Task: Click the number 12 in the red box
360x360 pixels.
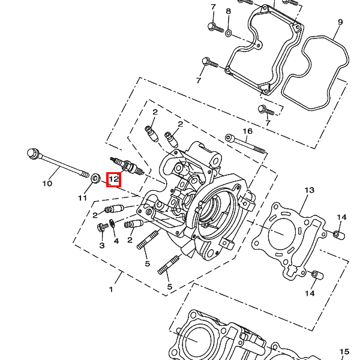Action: (x=113, y=179)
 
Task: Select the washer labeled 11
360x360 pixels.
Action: (x=95, y=178)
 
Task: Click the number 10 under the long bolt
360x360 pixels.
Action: (x=47, y=184)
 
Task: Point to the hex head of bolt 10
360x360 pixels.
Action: (x=33, y=154)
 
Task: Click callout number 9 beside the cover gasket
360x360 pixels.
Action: (x=340, y=22)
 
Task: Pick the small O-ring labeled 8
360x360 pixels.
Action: (x=228, y=33)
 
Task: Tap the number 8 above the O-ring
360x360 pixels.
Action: (x=228, y=11)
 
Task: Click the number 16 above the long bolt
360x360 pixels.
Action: (x=247, y=131)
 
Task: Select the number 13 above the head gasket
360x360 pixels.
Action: (x=309, y=190)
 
